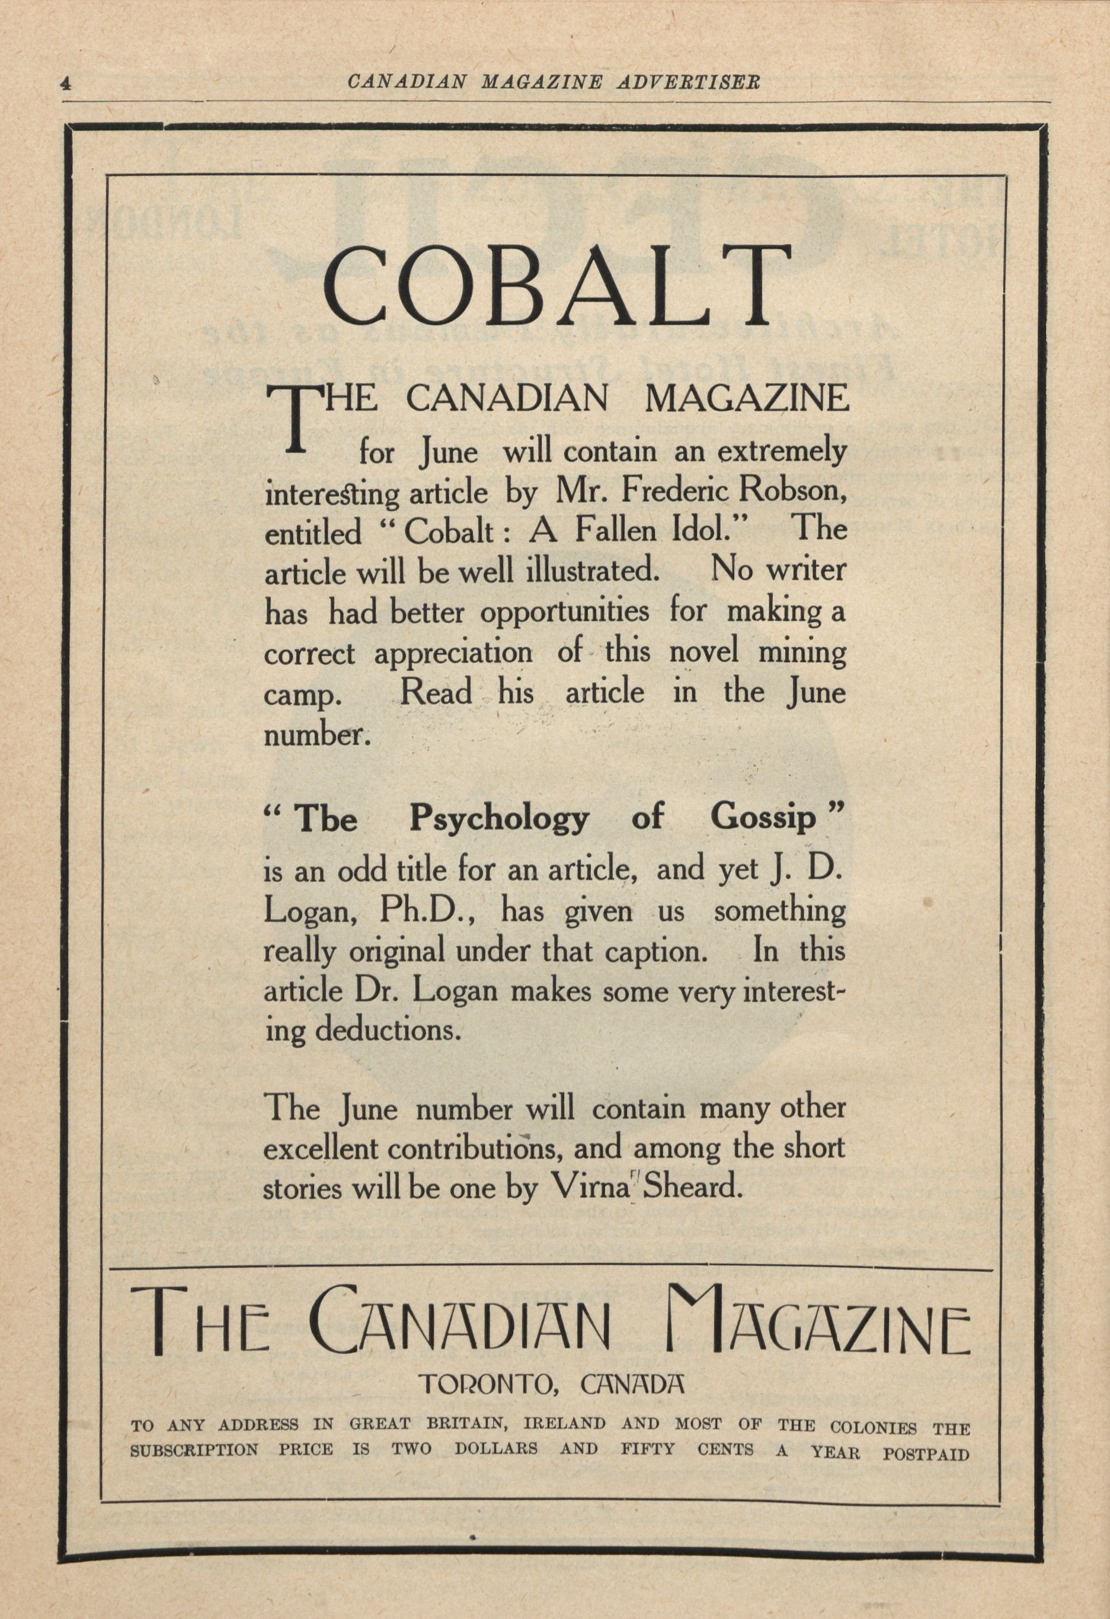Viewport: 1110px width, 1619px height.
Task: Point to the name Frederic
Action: (675, 492)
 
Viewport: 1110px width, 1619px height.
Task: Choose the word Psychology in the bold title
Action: (499, 818)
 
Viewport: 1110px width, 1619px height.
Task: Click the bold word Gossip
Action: (763, 818)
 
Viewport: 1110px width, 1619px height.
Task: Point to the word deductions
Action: (388, 1031)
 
